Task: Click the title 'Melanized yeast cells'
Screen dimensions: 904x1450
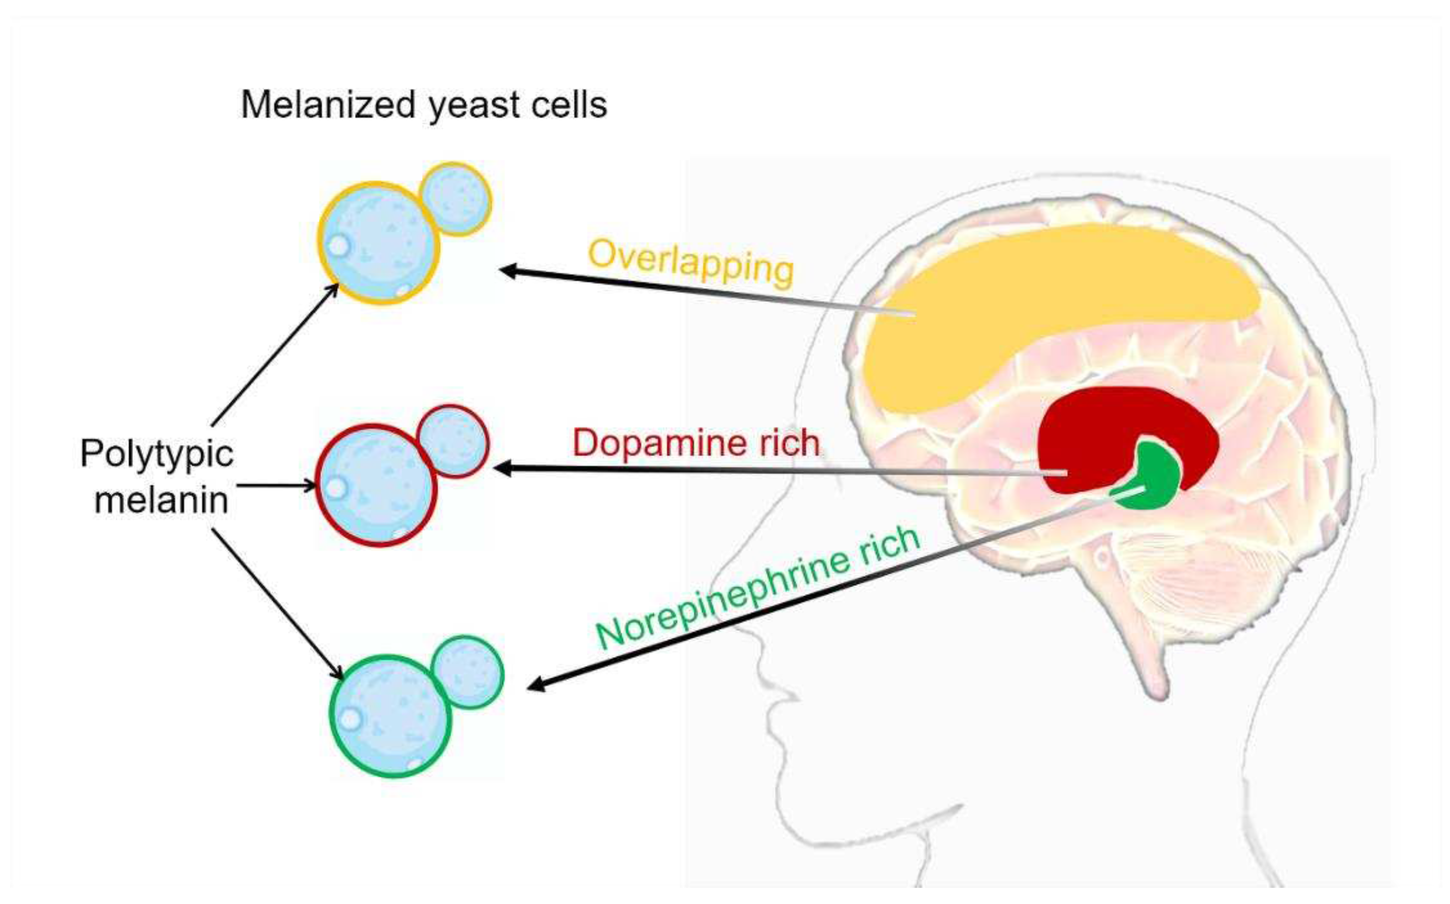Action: click(x=423, y=105)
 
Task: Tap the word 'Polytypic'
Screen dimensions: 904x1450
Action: click(x=157, y=454)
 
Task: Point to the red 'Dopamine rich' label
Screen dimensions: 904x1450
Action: click(x=696, y=443)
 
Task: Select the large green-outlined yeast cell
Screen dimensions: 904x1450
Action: click(x=390, y=716)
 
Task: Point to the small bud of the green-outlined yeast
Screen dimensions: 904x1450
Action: click(x=468, y=672)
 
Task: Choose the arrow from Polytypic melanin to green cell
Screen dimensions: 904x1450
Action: click(x=277, y=604)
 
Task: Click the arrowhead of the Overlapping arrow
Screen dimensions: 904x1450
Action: click(x=508, y=271)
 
